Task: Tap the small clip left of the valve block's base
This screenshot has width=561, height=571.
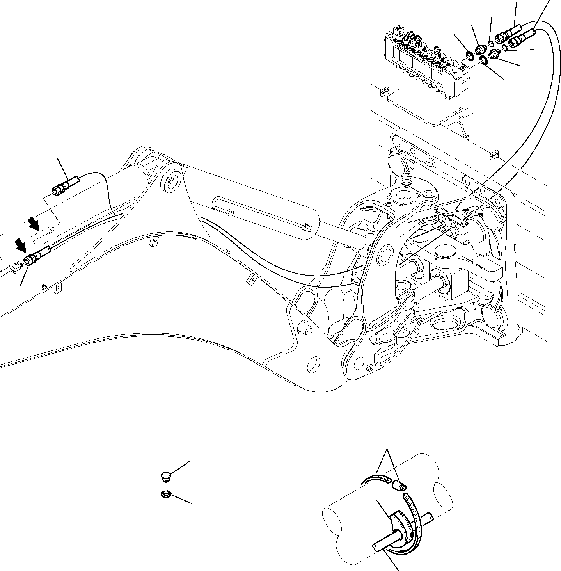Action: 383,92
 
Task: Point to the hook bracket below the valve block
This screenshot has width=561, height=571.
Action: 461,125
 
